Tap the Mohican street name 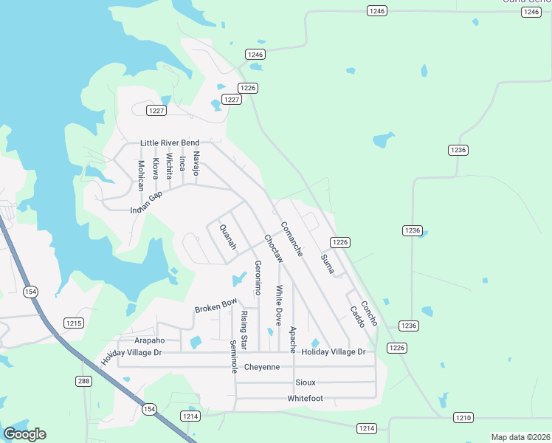140,175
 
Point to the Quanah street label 227,237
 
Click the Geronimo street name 258,278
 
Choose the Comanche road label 291,238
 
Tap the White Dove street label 278,305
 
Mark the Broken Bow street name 215,304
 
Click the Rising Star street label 244,330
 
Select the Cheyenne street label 262,367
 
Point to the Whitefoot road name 305,399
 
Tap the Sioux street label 305,382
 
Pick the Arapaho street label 149,340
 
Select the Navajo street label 196,162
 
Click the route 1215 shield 74,323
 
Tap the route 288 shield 83,381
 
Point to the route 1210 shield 463,418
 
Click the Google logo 24,434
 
